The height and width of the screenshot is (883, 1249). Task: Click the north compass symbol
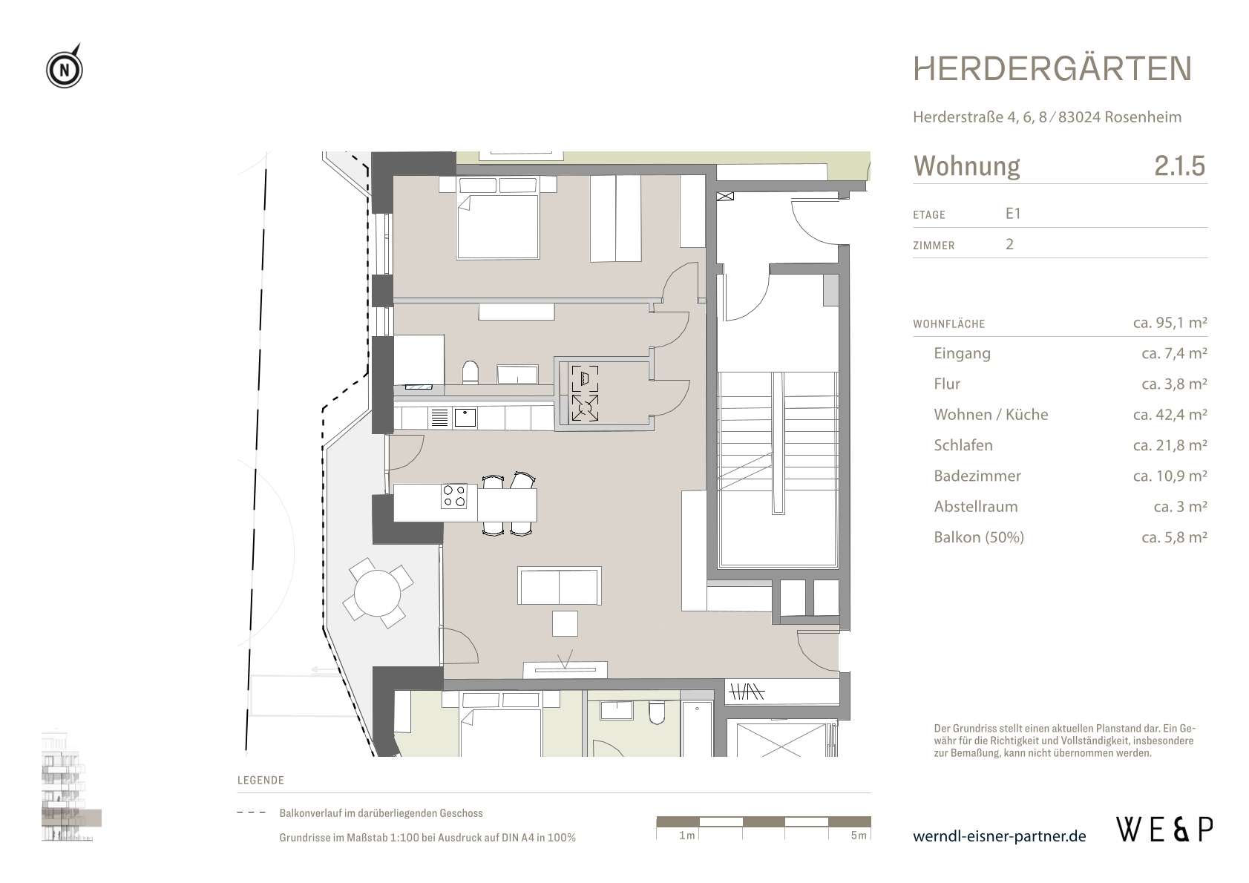click(x=65, y=68)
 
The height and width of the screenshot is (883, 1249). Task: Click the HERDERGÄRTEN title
click(x=1052, y=69)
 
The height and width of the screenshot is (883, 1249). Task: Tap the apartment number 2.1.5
click(x=1179, y=165)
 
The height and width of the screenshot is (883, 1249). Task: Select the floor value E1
click(x=1012, y=214)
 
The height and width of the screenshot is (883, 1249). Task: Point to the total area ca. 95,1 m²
click(x=1170, y=322)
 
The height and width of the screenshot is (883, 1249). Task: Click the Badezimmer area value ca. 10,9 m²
click(x=1170, y=476)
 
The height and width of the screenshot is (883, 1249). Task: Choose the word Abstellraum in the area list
click(x=976, y=506)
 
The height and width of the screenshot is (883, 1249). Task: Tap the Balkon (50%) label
click(x=979, y=536)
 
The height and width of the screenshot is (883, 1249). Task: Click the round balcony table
click(x=378, y=593)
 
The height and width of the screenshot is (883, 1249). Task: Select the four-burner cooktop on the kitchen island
click(x=453, y=496)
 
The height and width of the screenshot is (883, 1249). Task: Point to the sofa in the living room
click(x=560, y=585)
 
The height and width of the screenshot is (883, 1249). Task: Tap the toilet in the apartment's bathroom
click(x=471, y=372)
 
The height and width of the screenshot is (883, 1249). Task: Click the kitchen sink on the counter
click(x=465, y=418)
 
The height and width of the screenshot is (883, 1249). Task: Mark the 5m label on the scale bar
click(x=859, y=835)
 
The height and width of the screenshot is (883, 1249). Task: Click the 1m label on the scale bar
click(x=687, y=835)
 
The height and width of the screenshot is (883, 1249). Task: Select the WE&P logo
click(x=1164, y=830)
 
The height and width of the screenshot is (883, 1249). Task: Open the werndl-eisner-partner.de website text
click(x=999, y=836)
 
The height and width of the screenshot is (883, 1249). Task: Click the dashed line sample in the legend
click(x=252, y=813)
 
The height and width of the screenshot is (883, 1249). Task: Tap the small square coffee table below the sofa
click(x=565, y=623)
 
